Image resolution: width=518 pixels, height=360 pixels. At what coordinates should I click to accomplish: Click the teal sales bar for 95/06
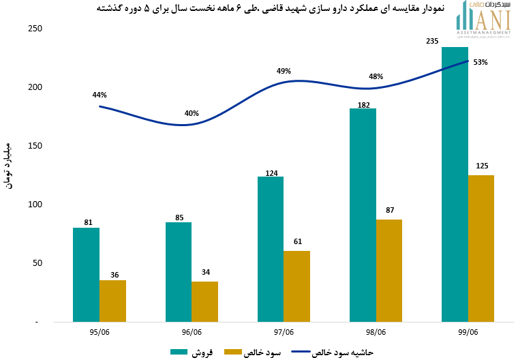(86, 274)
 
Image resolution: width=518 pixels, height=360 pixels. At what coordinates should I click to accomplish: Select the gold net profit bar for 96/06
(204, 301)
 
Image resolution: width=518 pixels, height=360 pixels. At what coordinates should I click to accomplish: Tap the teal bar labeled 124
(270, 249)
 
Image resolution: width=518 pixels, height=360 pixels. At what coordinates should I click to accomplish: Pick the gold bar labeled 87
(388, 270)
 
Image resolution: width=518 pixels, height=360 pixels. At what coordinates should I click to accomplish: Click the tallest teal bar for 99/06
(455, 184)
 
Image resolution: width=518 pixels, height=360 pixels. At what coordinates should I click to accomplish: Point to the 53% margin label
(480, 62)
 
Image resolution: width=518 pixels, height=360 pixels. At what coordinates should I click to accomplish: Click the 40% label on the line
(192, 113)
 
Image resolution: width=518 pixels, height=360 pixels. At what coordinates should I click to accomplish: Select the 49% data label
(284, 71)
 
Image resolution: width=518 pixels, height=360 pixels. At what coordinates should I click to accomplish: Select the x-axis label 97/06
(283, 333)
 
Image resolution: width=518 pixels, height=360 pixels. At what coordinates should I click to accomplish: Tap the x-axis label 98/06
(376, 333)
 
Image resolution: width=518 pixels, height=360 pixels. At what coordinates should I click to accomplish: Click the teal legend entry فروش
(193, 352)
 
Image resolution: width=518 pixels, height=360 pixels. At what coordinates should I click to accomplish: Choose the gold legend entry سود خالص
(256, 352)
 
